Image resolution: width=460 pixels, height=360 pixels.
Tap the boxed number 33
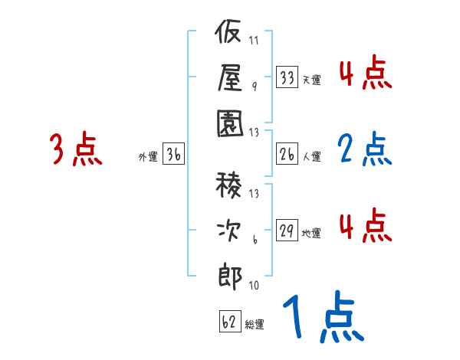coord(287,77)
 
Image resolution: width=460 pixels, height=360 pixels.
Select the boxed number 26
coord(287,155)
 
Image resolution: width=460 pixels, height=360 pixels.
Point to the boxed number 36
coord(173,155)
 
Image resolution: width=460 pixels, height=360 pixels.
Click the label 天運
coord(311,80)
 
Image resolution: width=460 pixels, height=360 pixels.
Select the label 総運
coord(255,323)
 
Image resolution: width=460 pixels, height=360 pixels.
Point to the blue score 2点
coord(364,149)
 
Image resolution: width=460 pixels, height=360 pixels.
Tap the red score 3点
coord(75,149)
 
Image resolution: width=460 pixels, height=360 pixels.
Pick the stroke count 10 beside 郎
coord(254,286)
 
